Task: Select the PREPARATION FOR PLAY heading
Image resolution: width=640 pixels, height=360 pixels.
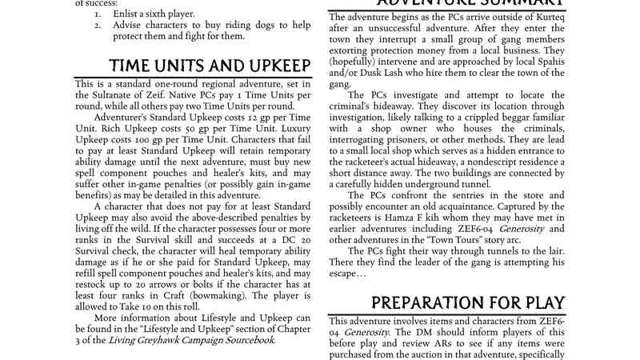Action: coord(469,302)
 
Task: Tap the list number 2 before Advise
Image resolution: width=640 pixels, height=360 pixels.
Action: coord(97,25)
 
